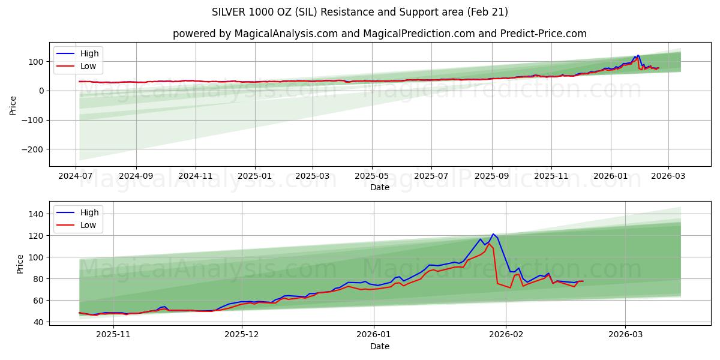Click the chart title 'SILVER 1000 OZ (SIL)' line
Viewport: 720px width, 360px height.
point(359,12)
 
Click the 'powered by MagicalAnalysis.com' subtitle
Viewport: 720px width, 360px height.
point(379,34)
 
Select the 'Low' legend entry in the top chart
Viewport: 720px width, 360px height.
point(88,67)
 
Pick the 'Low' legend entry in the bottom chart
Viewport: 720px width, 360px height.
point(88,226)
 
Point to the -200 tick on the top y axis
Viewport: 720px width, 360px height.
point(34,149)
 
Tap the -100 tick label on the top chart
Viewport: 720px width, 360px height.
point(34,120)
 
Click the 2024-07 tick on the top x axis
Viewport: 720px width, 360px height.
point(76,176)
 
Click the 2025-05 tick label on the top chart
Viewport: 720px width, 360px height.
point(371,176)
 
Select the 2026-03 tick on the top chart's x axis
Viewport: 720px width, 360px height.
point(668,176)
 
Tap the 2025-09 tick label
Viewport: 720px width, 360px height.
point(491,176)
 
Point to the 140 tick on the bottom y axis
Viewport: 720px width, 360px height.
point(37,214)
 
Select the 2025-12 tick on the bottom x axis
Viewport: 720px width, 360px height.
point(242,335)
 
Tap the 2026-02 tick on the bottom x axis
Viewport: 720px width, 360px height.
point(506,335)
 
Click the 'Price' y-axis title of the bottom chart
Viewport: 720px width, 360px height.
point(20,263)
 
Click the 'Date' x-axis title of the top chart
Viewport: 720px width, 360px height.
point(379,187)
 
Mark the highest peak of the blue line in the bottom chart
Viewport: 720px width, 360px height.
point(493,234)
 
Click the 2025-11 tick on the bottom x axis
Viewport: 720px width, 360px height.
point(113,335)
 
